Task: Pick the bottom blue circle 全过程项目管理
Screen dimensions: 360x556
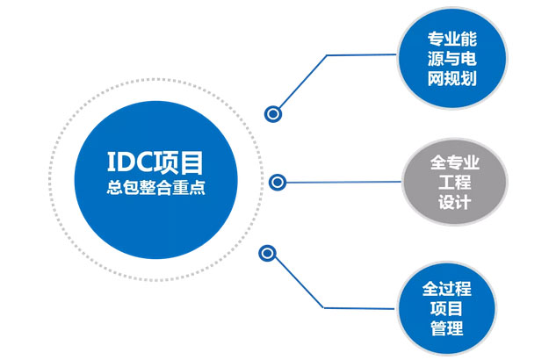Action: click(x=452, y=307)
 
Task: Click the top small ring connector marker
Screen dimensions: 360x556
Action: click(x=274, y=113)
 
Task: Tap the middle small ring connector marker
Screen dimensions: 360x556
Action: click(x=278, y=183)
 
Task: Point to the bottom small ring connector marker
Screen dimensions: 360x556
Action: click(x=269, y=254)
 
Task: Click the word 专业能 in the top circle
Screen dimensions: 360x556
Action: click(x=451, y=40)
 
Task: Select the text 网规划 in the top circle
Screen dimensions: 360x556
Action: click(x=451, y=82)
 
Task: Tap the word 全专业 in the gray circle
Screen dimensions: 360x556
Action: click(x=454, y=162)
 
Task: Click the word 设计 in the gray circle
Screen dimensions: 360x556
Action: click(x=454, y=203)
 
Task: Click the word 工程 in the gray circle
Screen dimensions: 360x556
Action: click(x=454, y=183)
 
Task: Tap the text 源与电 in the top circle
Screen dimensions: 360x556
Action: click(x=451, y=61)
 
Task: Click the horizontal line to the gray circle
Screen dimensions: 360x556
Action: click(x=343, y=183)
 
